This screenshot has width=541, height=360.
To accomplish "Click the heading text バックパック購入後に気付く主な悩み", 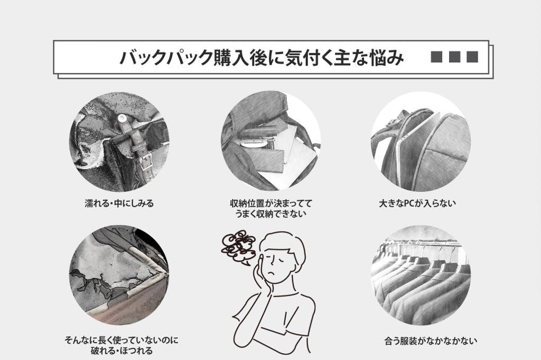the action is [262, 57].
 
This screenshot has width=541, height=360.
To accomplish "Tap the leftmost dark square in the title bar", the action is [436, 57].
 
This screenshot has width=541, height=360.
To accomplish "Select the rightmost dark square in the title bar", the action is [472, 57].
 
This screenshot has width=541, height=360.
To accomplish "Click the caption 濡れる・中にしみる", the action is [119, 204].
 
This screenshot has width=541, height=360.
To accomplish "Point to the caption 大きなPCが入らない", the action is [417, 204].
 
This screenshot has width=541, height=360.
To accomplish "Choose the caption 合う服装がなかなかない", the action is [431, 341].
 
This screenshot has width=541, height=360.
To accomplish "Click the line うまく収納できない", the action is [271, 214].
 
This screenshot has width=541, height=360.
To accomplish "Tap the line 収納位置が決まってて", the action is [271, 204].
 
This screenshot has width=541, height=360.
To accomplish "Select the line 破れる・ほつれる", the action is [122, 351].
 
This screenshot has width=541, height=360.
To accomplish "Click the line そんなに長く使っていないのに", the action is [122, 340].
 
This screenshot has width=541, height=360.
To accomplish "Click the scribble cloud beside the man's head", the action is [239, 247].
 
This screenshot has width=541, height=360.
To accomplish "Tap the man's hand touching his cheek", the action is [260, 276].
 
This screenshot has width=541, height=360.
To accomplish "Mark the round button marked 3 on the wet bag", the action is [122, 119].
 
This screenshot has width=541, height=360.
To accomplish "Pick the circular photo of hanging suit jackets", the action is [421, 275].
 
